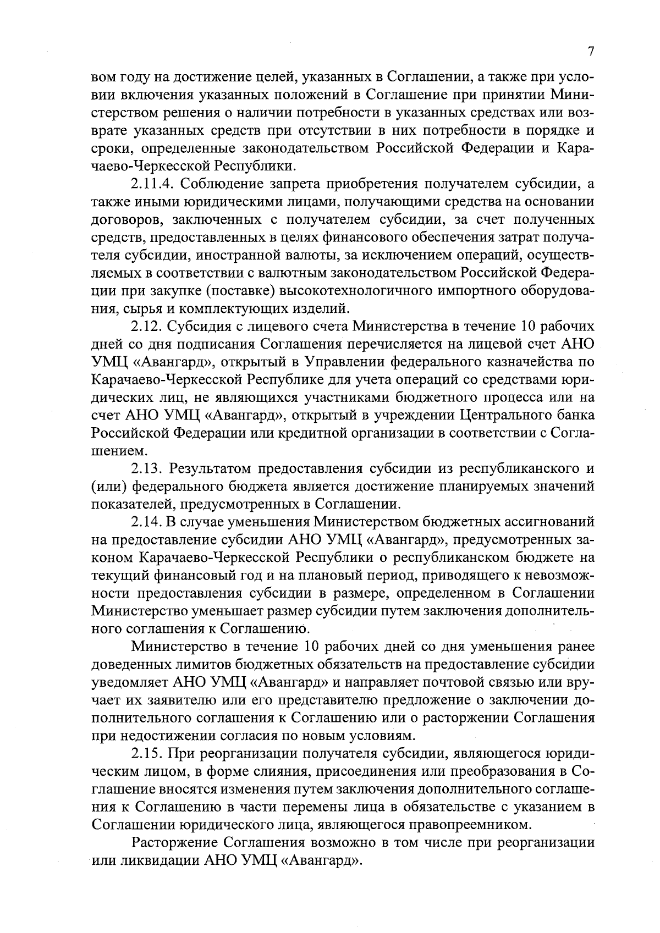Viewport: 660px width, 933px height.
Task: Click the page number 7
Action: point(591,51)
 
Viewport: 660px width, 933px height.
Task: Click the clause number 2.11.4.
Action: point(151,184)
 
